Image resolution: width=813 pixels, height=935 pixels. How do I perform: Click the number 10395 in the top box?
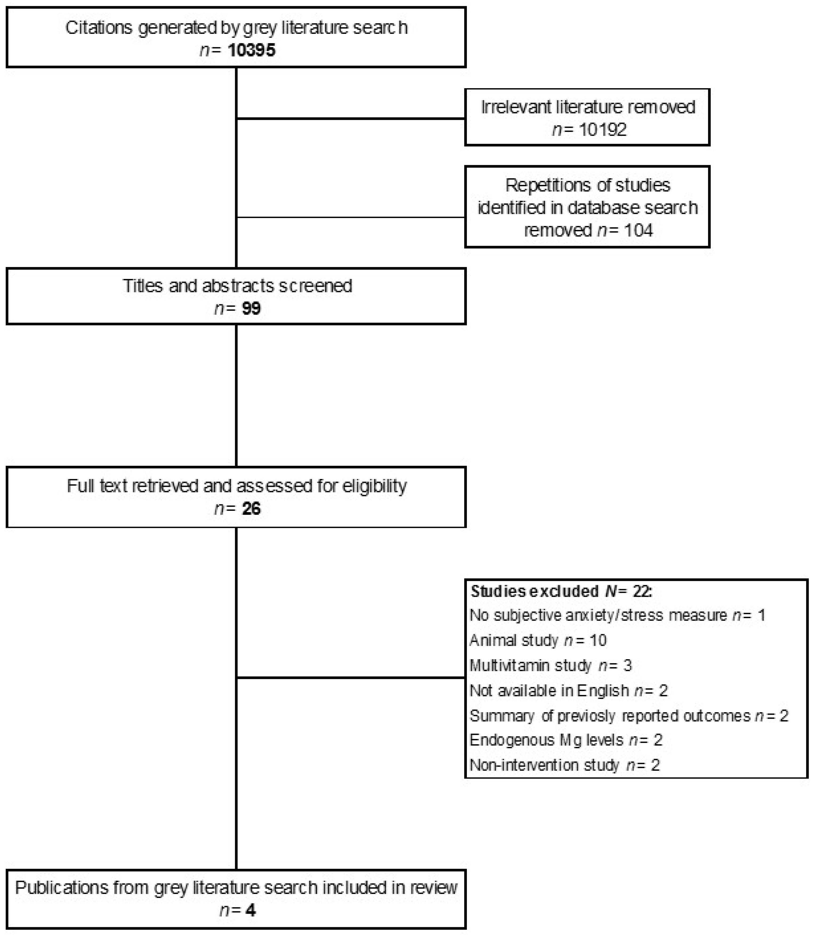coord(251,50)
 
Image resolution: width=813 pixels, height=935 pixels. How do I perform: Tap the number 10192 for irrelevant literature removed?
coord(602,130)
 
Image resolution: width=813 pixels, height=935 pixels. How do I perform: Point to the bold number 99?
coord(251,309)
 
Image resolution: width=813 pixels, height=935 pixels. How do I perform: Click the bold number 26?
coord(251,509)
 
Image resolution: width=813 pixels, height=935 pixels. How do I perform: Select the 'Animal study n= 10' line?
coord(538,640)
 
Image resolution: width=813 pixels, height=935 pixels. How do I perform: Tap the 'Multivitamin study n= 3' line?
coord(550,666)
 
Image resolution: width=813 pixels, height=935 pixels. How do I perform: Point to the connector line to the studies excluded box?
coord(351,678)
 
